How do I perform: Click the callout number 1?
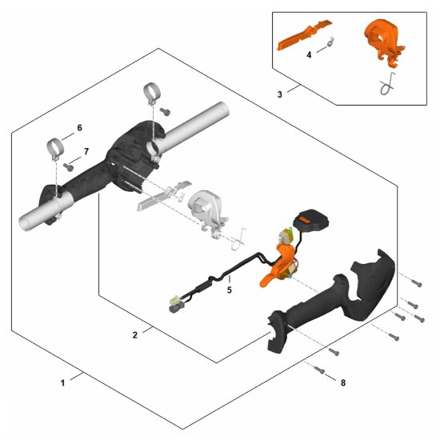point(63,382)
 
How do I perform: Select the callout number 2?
point(135,335)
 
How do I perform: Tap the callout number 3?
point(280,94)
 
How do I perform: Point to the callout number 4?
point(309,54)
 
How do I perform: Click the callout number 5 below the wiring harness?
point(229,290)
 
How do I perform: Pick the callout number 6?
point(79,128)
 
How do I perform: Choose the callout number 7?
point(86,151)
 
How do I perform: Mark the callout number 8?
point(343,382)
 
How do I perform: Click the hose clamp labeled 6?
point(55,149)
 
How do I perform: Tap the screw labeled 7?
point(69,167)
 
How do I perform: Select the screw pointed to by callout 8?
point(319,370)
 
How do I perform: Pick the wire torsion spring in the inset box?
point(387,84)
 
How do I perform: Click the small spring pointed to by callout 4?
point(330,42)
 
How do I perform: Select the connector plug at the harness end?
point(176,305)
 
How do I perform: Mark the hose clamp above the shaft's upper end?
point(151,94)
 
